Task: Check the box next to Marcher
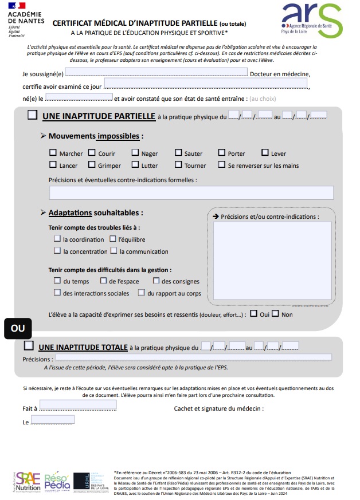(x=53, y=153)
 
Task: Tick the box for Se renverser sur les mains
(x=221, y=165)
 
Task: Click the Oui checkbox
(x=254, y=314)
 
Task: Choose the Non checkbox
(x=275, y=314)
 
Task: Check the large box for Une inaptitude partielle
(x=33, y=115)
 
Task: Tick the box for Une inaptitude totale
(x=29, y=346)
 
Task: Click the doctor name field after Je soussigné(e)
(x=157, y=73)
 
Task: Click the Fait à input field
(x=78, y=405)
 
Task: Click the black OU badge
(x=18, y=329)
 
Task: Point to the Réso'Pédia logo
(x=57, y=480)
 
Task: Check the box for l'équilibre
(x=112, y=239)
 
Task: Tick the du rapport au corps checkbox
(x=141, y=293)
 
